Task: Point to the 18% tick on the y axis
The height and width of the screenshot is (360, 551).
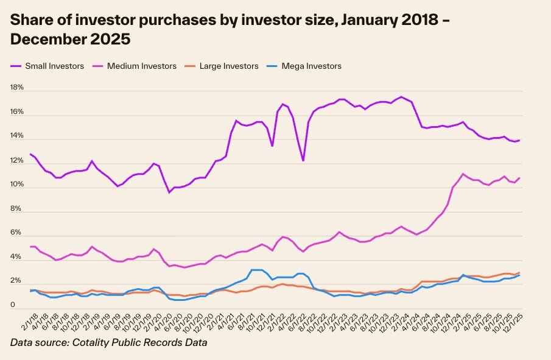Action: pos(16,88)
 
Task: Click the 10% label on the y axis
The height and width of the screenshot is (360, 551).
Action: pos(16,185)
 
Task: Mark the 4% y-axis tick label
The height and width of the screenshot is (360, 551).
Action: pos(16,258)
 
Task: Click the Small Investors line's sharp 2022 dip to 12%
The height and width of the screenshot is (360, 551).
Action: pos(303,161)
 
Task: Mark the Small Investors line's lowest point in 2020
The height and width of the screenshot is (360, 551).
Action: pos(169,192)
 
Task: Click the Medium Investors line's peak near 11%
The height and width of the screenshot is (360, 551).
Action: pos(463,174)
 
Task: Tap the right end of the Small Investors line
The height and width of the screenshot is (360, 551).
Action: pos(519,140)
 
